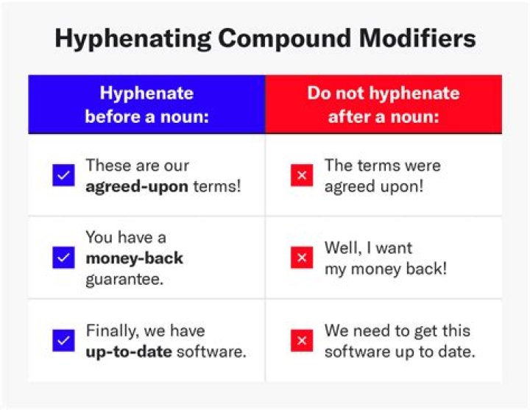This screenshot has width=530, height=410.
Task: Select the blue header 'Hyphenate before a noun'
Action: point(146,104)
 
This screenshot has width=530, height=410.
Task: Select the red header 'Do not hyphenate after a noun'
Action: point(383,104)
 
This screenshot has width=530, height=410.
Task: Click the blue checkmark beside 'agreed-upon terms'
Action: point(63,175)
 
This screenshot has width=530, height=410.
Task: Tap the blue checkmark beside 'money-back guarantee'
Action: point(63,258)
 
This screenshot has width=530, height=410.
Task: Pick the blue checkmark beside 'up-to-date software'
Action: point(63,341)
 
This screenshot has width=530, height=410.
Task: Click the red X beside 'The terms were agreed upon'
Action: point(302,175)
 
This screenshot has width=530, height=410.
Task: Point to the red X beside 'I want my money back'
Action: point(302,258)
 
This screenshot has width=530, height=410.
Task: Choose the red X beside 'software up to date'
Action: point(302,341)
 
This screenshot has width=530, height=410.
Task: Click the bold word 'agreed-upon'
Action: point(137,186)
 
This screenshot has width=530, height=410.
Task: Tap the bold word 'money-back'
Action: point(134,258)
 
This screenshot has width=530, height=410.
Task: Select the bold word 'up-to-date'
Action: point(128,351)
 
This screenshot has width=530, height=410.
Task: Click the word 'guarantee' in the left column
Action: point(121,279)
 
